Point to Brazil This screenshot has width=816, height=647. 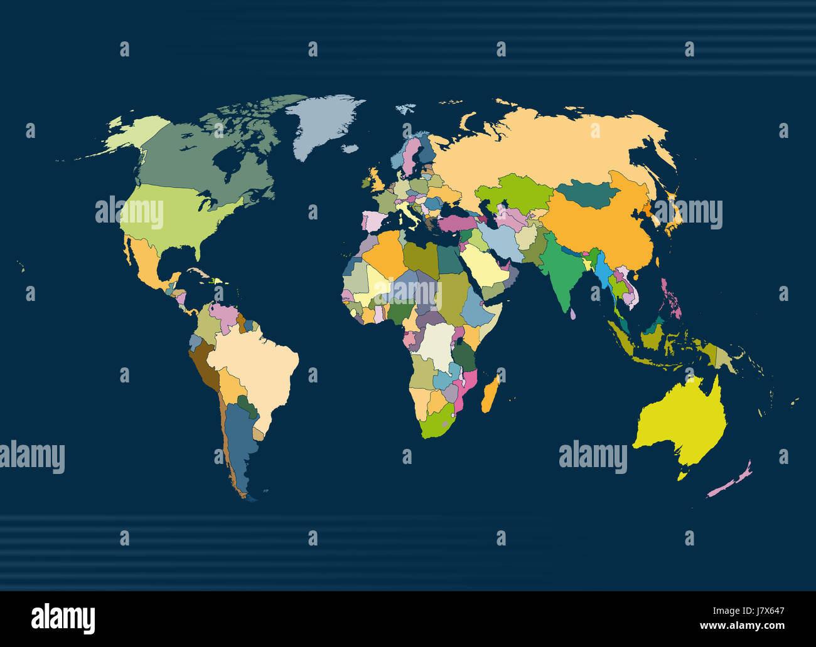click(257, 364)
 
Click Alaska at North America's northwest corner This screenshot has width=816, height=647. click(135, 132)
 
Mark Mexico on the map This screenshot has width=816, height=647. click(148, 263)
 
